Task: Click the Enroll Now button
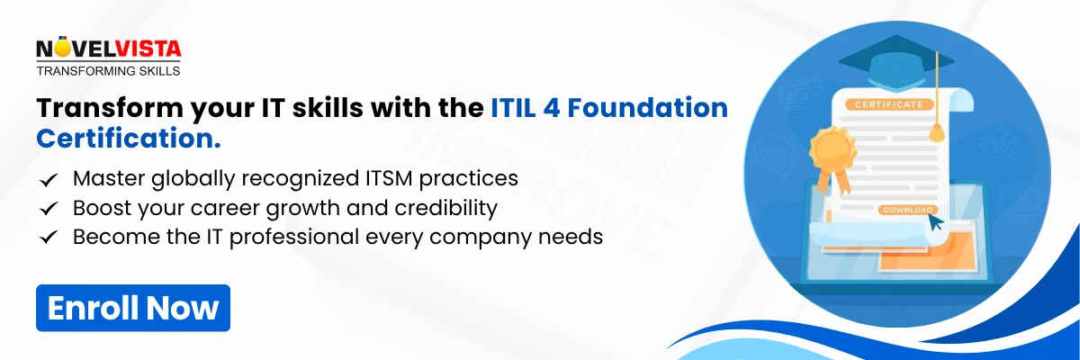(x=133, y=308)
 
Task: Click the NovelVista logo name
(x=108, y=48)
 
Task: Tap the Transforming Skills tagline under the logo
(x=108, y=70)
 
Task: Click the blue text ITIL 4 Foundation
(x=609, y=109)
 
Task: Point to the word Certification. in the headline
(x=129, y=140)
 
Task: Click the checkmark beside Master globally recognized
(x=49, y=179)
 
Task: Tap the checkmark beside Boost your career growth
(x=49, y=209)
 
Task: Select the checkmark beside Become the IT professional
(x=49, y=238)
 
